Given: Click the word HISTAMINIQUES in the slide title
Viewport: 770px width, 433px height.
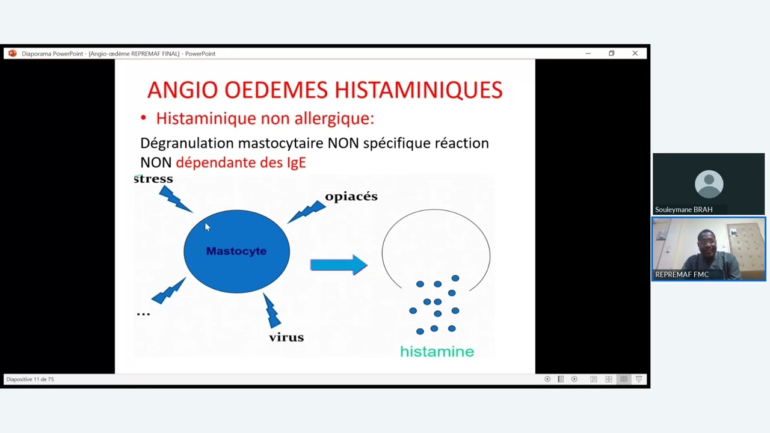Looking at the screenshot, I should click(418, 90).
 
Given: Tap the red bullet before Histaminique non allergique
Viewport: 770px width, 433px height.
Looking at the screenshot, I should click(143, 118).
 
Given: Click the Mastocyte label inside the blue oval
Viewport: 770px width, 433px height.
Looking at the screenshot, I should click(236, 251).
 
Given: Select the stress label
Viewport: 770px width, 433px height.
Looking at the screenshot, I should click(153, 179).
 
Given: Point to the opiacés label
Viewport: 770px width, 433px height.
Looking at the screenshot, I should click(351, 197).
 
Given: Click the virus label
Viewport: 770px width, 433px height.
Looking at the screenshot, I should click(286, 337).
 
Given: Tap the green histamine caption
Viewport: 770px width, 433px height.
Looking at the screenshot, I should click(437, 352).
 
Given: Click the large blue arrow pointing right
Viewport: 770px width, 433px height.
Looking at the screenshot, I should click(339, 265).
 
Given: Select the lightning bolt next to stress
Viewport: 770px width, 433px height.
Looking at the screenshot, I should click(175, 199).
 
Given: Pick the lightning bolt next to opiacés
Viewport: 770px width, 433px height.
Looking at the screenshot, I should click(307, 211).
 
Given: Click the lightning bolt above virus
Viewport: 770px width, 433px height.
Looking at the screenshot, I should click(271, 310).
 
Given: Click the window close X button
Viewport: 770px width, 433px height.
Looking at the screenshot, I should click(635, 54).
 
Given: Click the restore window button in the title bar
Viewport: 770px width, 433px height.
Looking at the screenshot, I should click(611, 54).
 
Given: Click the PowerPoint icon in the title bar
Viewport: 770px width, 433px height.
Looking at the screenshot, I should click(13, 54).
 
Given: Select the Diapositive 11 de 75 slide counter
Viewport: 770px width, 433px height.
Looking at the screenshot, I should click(30, 379).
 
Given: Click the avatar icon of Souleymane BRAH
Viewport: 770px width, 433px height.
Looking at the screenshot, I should click(709, 184).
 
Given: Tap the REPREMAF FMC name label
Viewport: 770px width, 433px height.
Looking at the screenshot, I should click(682, 275).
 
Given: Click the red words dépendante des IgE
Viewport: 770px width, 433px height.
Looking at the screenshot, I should click(241, 162).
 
